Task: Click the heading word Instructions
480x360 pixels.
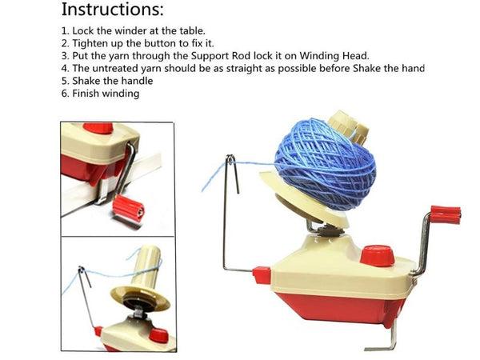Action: pos(113,10)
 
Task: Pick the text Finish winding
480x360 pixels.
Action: pos(106,94)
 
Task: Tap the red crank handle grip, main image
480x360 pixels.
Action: pos(446,214)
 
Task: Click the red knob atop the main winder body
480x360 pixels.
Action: pos(376,256)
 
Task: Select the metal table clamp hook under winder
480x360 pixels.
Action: pos(390,336)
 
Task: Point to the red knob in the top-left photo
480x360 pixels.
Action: pos(98,128)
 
